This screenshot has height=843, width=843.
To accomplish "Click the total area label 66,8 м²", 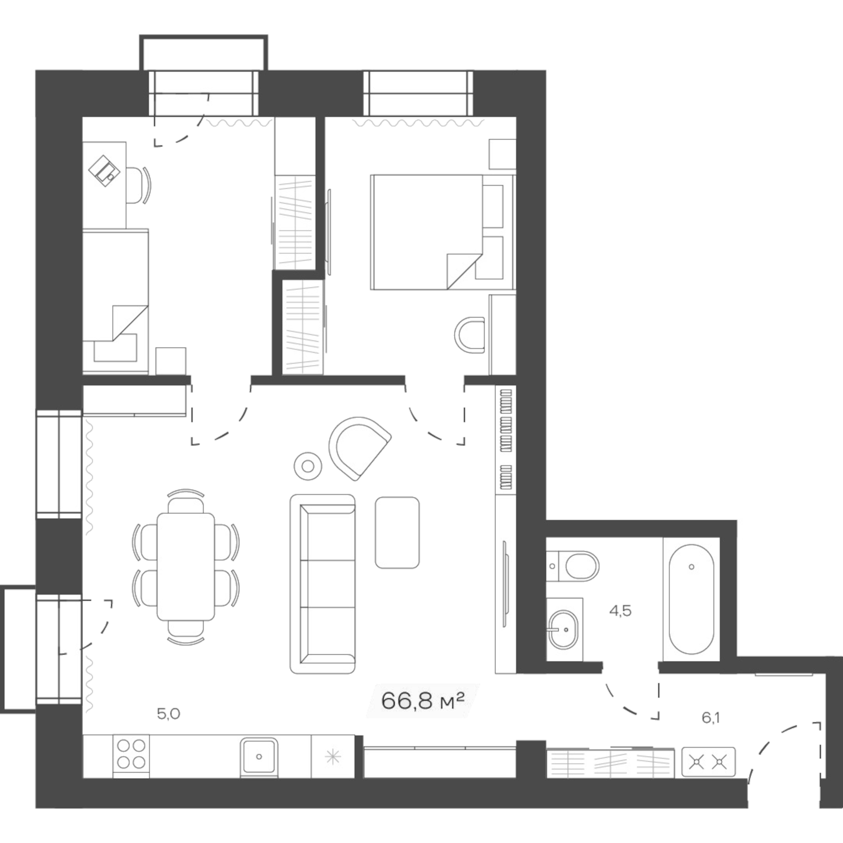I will (x=422, y=701).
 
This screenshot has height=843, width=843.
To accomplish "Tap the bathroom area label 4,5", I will (x=620, y=611).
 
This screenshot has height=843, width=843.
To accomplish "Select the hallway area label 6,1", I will (x=710, y=717).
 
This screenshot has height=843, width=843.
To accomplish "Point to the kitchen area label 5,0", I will (x=169, y=714).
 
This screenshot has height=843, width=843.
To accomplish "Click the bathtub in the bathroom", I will (x=691, y=599).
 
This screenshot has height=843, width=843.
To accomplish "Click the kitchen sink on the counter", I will (x=259, y=756).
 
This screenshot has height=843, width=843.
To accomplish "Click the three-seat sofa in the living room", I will (x=323, y=584).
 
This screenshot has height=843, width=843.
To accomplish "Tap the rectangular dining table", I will (x=185, y=566).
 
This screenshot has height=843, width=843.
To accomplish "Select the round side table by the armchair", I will (x=308, y=466).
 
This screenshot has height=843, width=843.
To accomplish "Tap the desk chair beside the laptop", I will (x=136, y=185).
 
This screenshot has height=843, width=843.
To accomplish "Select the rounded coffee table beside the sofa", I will (x=397, y=532).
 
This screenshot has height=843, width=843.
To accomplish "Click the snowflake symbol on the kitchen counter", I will (x=333, y=756).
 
